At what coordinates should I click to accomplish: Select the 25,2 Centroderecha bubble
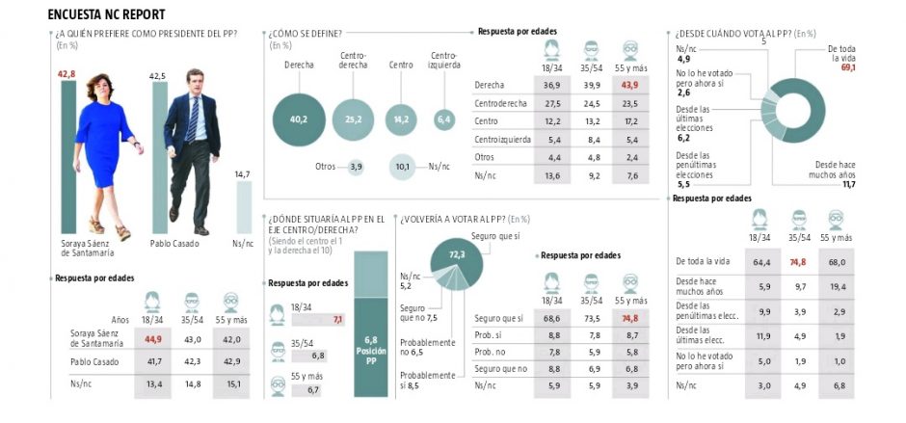pyautogui.click(x=355, y=119)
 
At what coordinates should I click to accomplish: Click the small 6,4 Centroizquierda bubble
pyautogui.click(x=444, y=119)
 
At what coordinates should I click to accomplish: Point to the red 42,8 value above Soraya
pyautogui.click(x=67, y=74)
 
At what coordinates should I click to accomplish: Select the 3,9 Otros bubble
pyautogui.click(x=356, y=166)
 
